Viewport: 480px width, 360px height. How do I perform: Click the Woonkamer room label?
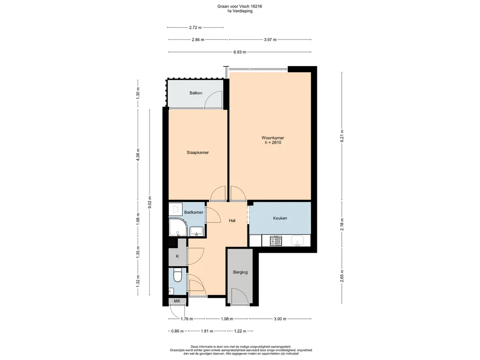point(272,138)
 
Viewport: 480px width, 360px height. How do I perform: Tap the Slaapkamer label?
point(198,152)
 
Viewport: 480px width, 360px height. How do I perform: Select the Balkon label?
point(196,93)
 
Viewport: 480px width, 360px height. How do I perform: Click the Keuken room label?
point(280,218)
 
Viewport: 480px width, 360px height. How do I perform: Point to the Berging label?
point(240,272)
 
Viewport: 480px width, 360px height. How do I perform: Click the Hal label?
point(232,220)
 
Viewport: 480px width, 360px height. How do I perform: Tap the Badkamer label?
point(194,212)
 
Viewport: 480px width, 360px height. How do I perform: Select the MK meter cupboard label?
point(177,301)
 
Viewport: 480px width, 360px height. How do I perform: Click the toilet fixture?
point(177,275)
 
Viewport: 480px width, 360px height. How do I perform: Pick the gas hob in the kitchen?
point(276,240)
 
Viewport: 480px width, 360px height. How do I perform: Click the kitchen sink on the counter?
point(297,240)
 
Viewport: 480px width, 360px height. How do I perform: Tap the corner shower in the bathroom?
point(177,227)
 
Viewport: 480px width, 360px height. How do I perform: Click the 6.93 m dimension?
point(240,52)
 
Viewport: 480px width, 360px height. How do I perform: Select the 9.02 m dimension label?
point(150,202)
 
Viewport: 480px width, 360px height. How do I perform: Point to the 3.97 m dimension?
point(270,40)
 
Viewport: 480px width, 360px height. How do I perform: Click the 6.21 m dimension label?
point(342,136)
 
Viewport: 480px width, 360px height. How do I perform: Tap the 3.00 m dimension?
point(280,319)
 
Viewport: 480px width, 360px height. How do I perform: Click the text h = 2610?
point(273,142)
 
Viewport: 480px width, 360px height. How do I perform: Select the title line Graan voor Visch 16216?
point(240,6)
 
